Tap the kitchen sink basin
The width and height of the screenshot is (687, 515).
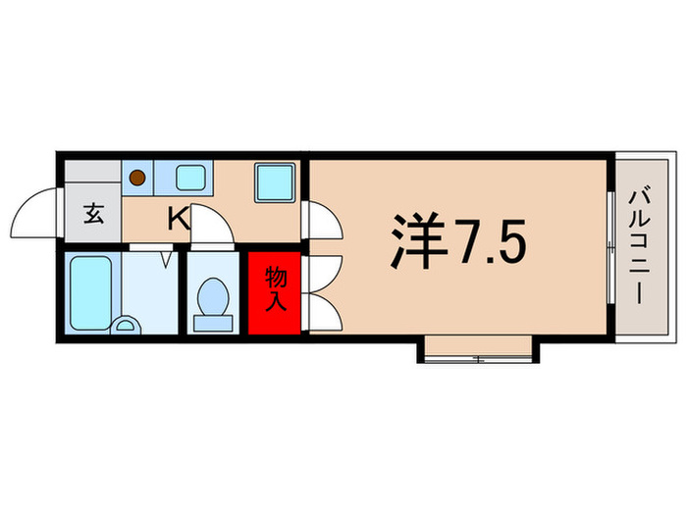point(190,178)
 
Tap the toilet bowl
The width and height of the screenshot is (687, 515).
point(214,294)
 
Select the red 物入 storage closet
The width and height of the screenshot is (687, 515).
point(275,290)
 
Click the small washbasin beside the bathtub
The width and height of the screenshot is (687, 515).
point(126,327)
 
